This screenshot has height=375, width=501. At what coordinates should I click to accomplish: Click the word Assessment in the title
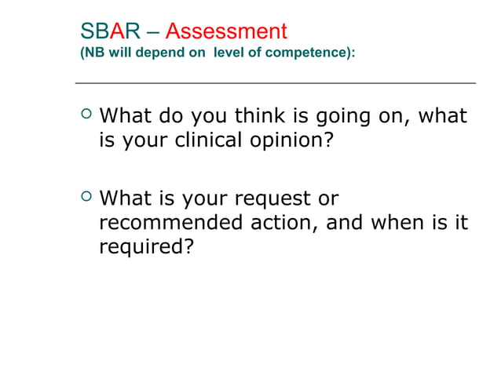226,31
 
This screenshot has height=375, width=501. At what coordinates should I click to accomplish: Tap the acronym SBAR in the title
110,31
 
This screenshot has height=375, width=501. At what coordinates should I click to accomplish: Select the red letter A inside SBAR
117,31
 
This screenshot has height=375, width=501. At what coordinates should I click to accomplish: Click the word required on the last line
145,248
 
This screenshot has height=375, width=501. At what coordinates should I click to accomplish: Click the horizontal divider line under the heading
275,82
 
